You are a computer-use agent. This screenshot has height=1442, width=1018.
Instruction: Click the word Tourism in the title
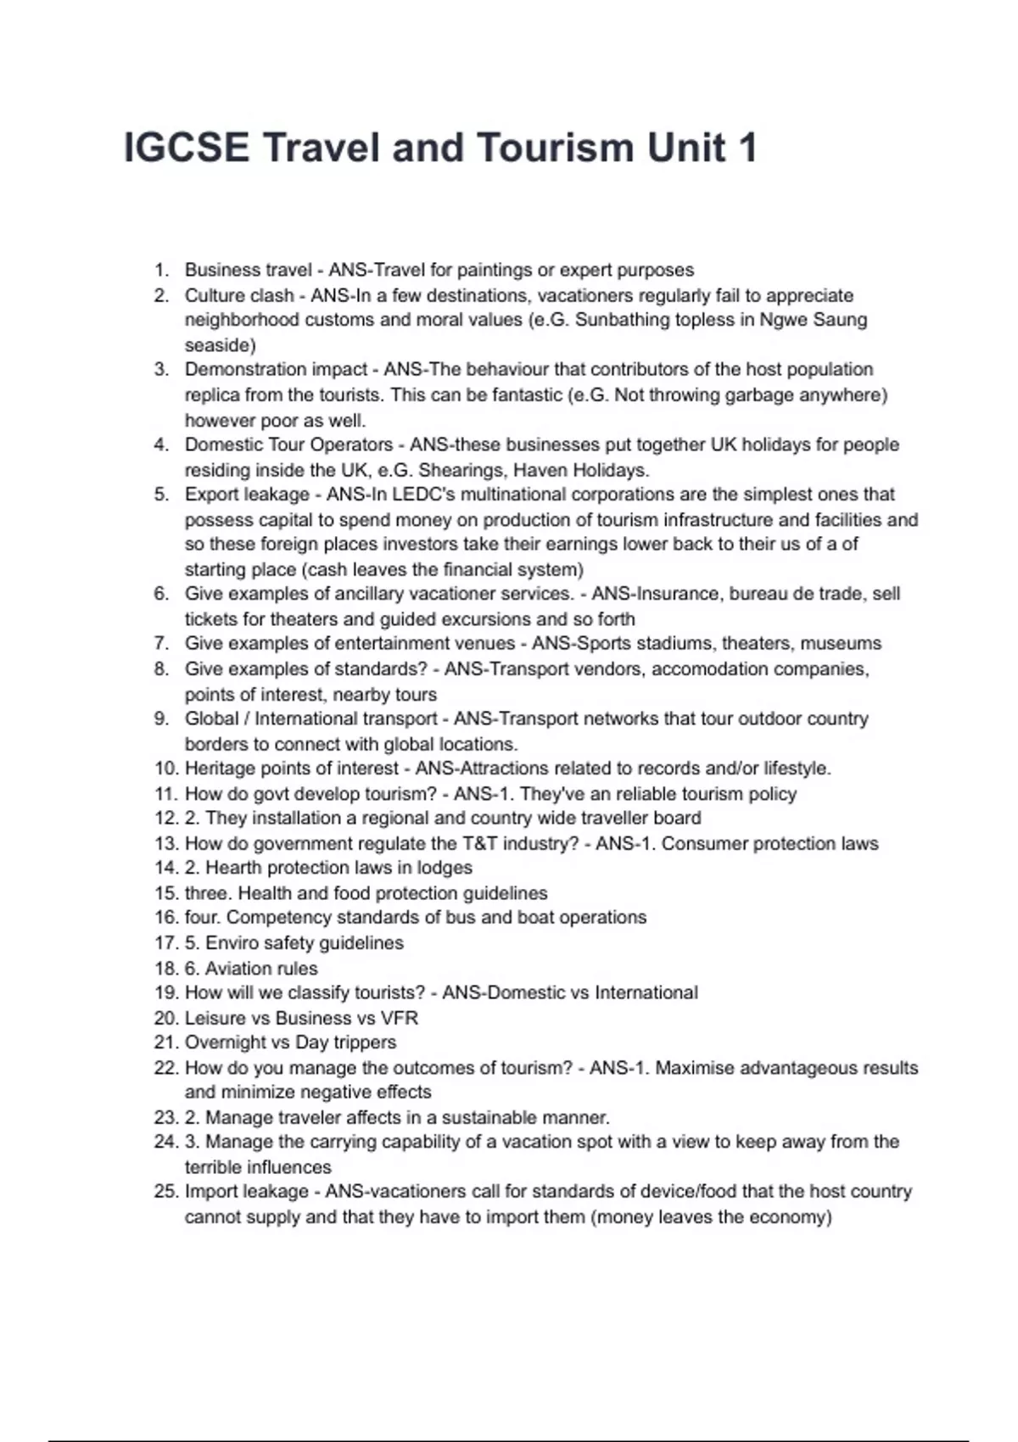point(555,148)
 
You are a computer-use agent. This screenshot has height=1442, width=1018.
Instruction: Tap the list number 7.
point(161,644)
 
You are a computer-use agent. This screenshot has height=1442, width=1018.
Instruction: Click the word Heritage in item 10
point(220,769)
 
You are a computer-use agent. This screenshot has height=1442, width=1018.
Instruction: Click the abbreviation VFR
point(399,1018)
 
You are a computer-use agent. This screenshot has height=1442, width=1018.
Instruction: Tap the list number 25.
point(165,1192)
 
